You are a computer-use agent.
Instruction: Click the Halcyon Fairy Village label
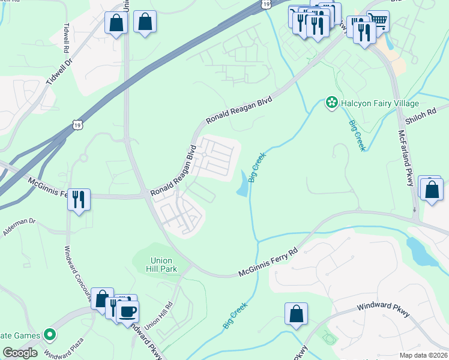(x=379, y=103)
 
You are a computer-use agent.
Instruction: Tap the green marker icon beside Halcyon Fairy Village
(x=331, y=103)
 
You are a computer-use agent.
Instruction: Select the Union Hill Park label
(x=161, y=265)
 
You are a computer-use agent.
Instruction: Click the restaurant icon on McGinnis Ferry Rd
(x=79, y=199)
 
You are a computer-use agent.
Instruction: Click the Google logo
(x=20, y=353)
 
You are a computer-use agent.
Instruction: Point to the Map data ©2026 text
(x=424, y=355)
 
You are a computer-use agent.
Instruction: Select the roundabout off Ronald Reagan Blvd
(x=204, y=155)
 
